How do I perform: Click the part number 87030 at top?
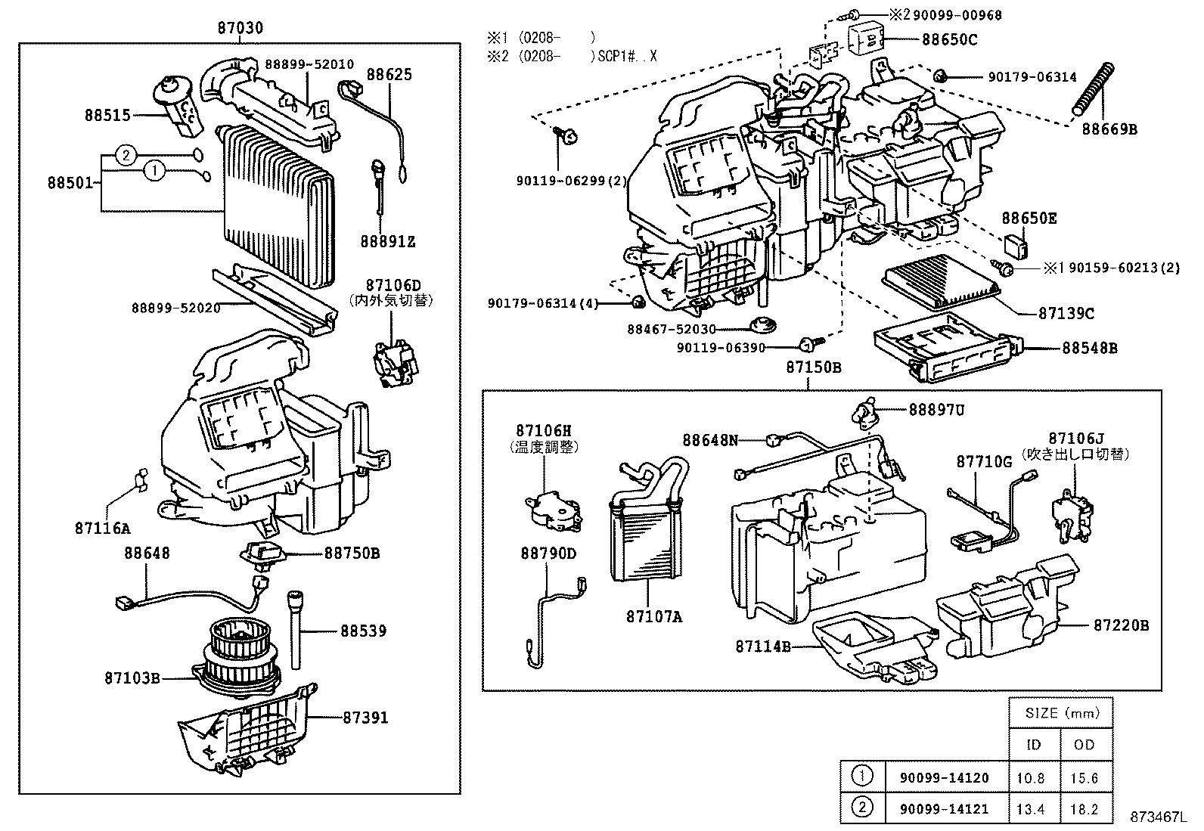240,28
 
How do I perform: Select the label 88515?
107,116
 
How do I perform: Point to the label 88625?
389,75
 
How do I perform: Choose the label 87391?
365,717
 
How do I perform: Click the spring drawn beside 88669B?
1094,89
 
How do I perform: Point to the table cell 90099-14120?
944,777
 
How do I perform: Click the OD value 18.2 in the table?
1084,809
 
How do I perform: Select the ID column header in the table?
1033,745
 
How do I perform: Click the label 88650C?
949,39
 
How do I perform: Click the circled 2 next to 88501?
126,156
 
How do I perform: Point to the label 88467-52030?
672,329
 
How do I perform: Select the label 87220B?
1121,625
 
